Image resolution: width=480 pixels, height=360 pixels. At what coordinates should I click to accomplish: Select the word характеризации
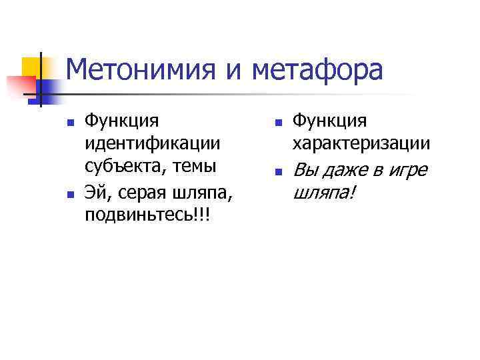click(361, 143)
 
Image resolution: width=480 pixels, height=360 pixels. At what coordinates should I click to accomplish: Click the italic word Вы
click(304, 171)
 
